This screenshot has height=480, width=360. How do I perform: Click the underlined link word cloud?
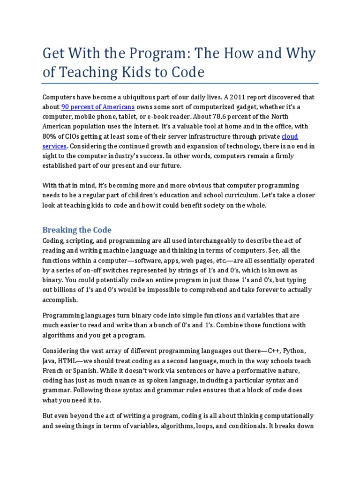tap(289, 136)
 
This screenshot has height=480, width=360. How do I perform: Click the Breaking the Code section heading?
tap(77, 230)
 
